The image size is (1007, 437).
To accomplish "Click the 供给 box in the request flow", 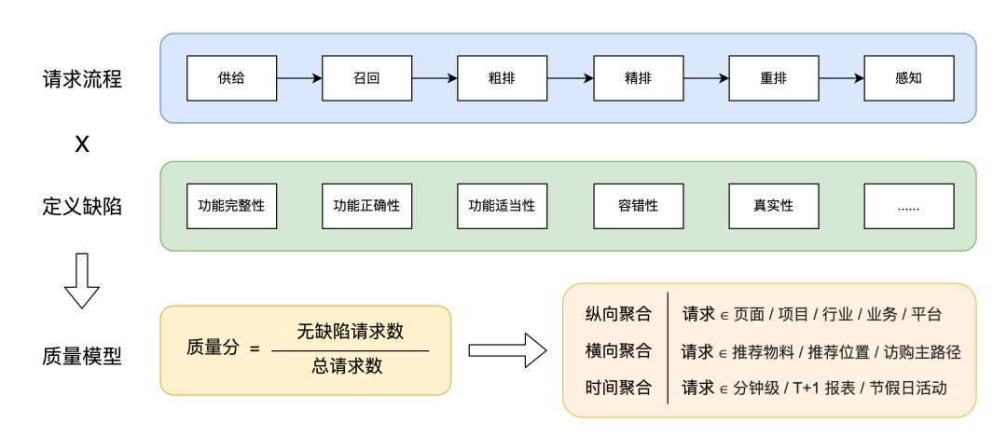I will click(x=231, y=78).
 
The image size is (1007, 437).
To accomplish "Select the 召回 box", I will click(x=366, y=78).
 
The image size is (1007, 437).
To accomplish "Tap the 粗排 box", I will click(x=502, y=78).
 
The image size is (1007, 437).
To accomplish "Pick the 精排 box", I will click(x=638, y=78).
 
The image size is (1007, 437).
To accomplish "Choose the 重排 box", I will click(x=773, y=78).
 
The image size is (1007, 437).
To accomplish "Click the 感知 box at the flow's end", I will click(x=908, y=78).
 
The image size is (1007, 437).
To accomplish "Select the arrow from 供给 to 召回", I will click(x=298, y=78).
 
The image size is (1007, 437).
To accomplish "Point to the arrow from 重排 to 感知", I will click(x=840, y=78).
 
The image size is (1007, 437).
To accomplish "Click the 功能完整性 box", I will click(x=231, y=206).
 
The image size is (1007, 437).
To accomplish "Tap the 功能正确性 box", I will click(x=366, y=206).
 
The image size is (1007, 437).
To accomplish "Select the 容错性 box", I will click(x=638, y=206).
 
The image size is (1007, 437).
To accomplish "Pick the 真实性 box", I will click(x=773, y=206).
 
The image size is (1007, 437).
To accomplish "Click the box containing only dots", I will click(x=908, y=206).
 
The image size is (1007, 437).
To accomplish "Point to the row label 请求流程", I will click(x=82, y=79).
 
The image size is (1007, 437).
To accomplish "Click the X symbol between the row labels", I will click(x=82, y=144).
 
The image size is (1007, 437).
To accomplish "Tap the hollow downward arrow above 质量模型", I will click(x=82, y=280).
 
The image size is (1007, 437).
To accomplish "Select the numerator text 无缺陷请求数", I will click(x=351, y=332).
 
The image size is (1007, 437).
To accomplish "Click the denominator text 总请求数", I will click(x=351, y=366).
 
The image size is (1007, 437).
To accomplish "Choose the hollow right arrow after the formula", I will click(x=506, y=350).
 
